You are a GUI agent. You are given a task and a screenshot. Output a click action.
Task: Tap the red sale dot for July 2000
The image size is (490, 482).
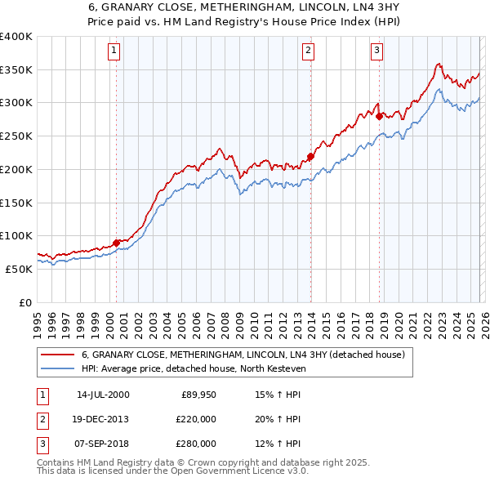click(x=117, y=242)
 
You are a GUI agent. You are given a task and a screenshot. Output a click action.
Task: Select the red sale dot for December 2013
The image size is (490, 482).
click(x=311, y=156)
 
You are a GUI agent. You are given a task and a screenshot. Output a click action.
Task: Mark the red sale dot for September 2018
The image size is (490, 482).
click(x=380, y=116)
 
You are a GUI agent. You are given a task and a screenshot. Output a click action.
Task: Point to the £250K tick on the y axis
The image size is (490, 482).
click(x=16, y=136)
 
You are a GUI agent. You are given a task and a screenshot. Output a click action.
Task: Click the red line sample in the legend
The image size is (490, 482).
click(x=57, y=355)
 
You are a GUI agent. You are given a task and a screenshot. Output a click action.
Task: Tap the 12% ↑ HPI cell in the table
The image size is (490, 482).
click(x=278, y=444)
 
